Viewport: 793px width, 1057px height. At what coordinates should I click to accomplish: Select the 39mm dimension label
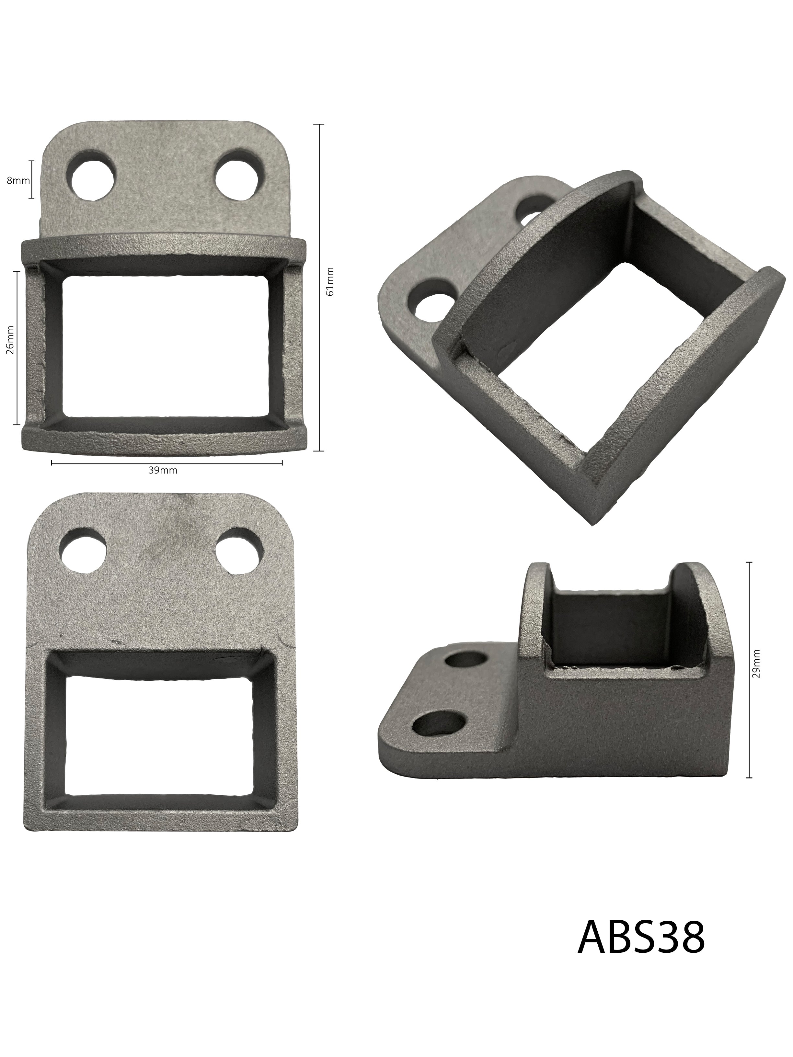[163, 470]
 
